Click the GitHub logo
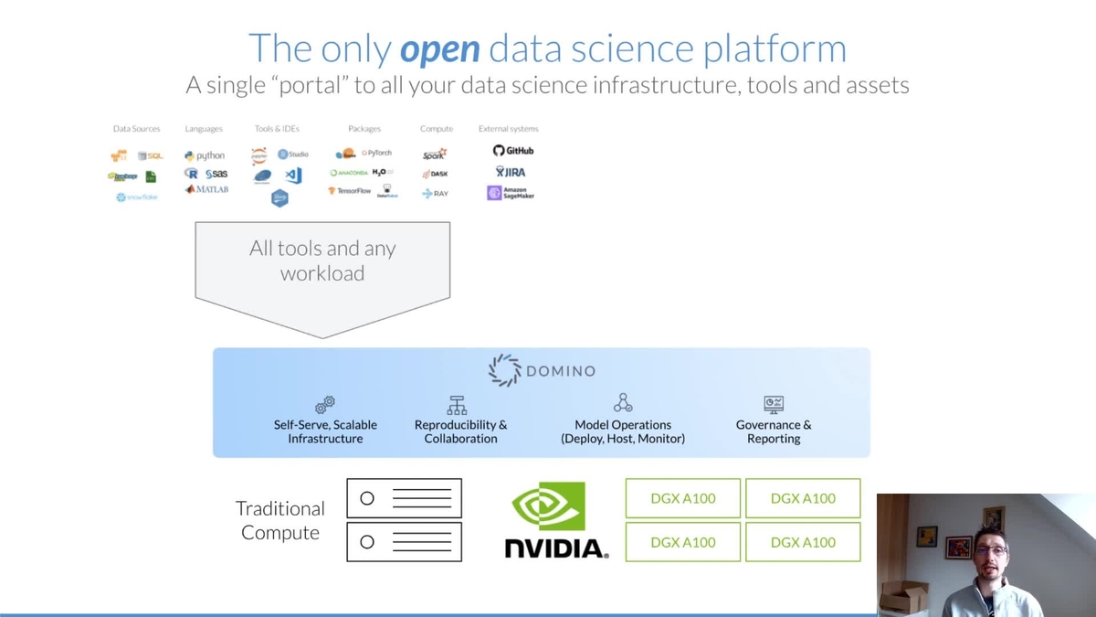point(513,150)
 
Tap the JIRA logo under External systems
point(511,172)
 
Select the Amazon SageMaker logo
point(511,193)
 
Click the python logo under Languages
point(205,155)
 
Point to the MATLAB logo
point(206,189)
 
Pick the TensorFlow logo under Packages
point(350,191)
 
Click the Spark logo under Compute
point(435,154)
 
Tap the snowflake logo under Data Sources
point(137,197)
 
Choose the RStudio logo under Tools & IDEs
point(293,154)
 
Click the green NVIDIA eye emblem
point(549,506)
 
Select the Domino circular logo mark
point(504,370)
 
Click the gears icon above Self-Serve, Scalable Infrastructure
point(325,404)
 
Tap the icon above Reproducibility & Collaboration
point(458,404)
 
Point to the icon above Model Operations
point(623,403)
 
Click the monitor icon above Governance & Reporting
point(774,404)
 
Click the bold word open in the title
point(439,48)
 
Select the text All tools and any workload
point(322,261)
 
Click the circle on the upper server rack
point(367,498)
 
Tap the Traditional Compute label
point(280,520)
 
